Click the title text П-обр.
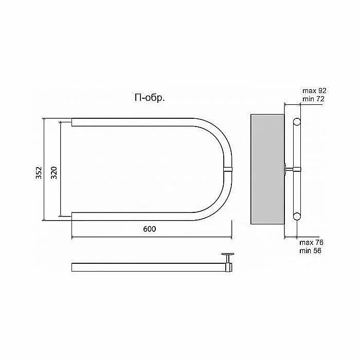point(150,98)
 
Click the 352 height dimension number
point(39,172)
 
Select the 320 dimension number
point(53,172)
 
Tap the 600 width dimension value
point(150,229)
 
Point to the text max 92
point(314,91)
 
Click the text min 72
point(313,99)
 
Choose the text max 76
point(311,242)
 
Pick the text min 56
point(311,250)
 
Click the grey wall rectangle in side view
point(267,169)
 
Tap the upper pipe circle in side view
point(297,121)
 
